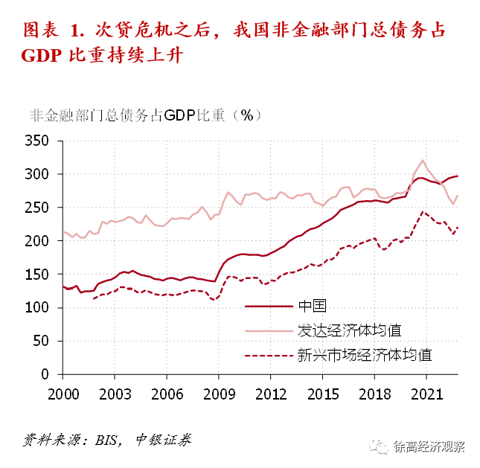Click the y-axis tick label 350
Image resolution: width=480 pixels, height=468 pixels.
36,141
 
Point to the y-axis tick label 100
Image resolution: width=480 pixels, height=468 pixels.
36,307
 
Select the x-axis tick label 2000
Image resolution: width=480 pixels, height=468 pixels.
63,392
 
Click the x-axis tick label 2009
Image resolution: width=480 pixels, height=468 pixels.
218,392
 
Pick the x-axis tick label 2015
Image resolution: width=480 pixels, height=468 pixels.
321,392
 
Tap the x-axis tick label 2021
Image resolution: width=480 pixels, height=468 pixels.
425,392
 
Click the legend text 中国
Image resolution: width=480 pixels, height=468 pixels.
313,306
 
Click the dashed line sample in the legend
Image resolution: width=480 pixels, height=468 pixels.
269,355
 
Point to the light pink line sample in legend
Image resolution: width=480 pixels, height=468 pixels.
269,330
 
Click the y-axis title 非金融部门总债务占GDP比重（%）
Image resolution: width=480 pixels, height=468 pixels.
145,115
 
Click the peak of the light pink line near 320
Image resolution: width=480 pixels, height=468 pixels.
423,160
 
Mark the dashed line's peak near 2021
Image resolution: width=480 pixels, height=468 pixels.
423,211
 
